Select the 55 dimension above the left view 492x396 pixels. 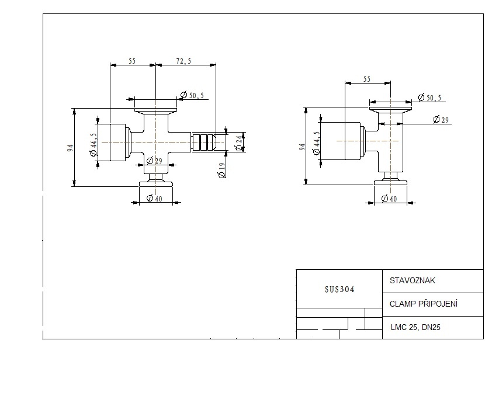(x=132, y=61)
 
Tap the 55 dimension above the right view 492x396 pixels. (x=367, y=79)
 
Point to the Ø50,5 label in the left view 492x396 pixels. (x=192, y=95)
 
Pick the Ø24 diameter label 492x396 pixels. (x=240, y=141)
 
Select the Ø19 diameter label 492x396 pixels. (x=221, y=171)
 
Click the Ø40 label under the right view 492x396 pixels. (x=389, y=199)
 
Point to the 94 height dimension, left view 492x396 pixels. (x=71, y=148)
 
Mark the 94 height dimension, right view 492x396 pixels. (x=303, y=147)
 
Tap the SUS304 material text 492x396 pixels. (x=339, y=289)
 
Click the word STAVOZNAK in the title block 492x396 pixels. (x=413, y=280)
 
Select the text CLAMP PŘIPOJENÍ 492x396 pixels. (x=423, y=304)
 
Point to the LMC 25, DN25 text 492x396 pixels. (x=415, y=328)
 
